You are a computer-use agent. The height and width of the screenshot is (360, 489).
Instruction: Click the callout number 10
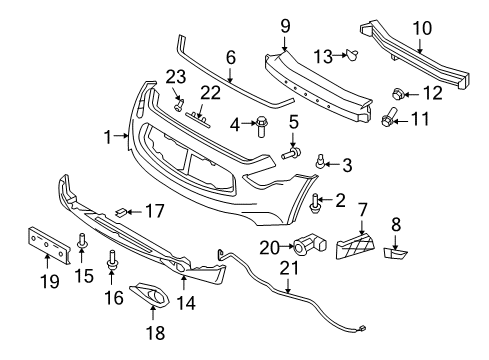coord(422,29)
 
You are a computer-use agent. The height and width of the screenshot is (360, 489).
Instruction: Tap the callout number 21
coord(289,268)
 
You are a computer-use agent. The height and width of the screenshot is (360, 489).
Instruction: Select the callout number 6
coord(231,57)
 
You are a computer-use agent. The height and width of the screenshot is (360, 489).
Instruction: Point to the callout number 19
coord(50,281)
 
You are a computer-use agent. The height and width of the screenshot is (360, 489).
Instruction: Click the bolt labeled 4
coord(261,126)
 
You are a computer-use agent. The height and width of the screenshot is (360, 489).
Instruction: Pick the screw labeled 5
coord(291,154)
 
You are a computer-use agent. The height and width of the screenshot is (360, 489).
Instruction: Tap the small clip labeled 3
coord(320,161)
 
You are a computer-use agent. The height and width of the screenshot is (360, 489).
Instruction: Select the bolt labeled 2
coord(315,203)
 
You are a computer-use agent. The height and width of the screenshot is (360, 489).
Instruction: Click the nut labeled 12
coord(399,94)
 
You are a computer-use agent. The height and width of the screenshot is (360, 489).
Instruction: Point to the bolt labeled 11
coord(389,117)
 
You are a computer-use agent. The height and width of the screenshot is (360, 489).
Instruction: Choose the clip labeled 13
coord(352,55)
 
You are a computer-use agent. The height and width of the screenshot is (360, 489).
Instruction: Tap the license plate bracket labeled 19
coord(48,245)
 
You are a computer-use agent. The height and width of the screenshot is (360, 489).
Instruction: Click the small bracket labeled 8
coord(395,253)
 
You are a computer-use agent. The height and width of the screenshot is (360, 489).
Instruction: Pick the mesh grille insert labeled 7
coord(355,246)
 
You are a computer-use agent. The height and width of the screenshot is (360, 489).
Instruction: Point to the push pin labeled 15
coord(82,241)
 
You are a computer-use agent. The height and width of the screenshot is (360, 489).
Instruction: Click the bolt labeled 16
coord(112,260)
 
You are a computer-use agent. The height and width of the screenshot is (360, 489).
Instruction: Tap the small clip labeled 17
coord(121,211)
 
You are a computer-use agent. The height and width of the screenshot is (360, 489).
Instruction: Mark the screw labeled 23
coord(179,105)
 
